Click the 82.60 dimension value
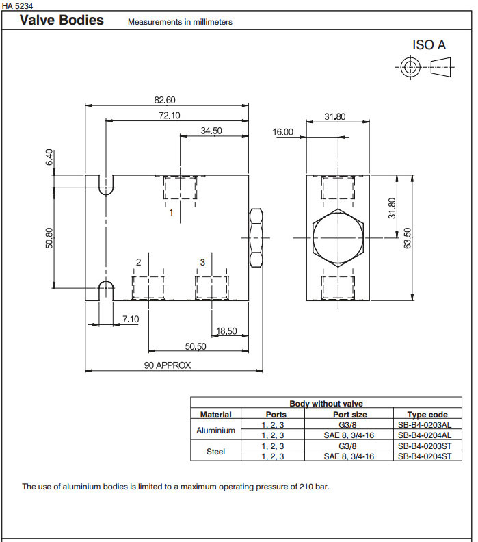(165, 99)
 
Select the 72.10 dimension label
(170, 115)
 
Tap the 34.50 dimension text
(211, 131)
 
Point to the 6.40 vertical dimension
(49, 158)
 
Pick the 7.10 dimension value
(130, 319)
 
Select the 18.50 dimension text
(226, 331)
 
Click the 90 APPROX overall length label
(168, 365)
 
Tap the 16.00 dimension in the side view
(282, 132)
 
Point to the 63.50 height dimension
(408, 238)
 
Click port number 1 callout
(171, 213)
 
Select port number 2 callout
(138, 262)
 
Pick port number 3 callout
(202, 262)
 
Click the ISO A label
(429, 45)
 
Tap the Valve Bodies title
(62, 20)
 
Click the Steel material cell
(215, 451)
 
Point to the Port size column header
(349, 414)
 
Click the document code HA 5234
(18, 5)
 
